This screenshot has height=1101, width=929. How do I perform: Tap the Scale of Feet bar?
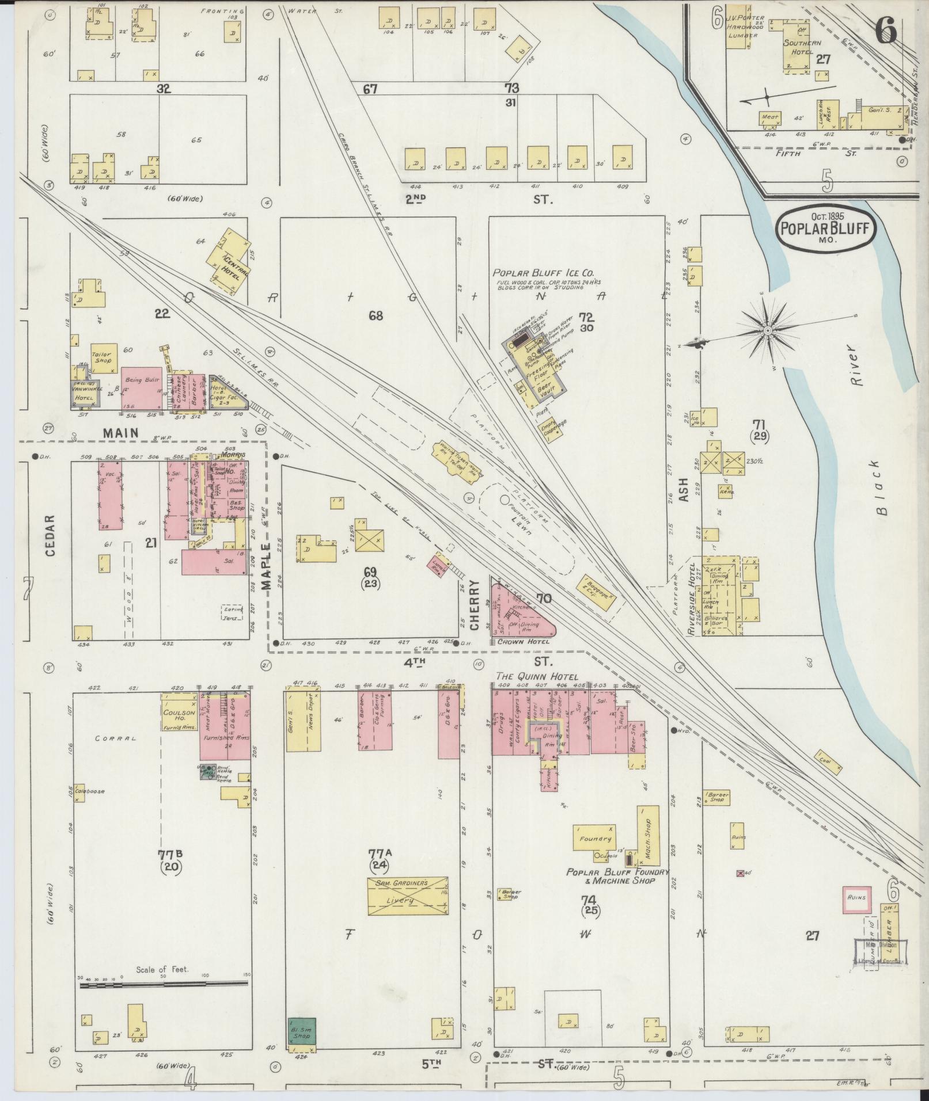tap(164, 985)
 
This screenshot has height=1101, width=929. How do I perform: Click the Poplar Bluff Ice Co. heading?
tap(544, 273)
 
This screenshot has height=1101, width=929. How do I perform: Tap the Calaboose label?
tap(89, 791)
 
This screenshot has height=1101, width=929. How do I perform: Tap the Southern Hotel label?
tap(801, 47)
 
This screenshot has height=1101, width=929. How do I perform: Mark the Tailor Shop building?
tap(104, 357)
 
